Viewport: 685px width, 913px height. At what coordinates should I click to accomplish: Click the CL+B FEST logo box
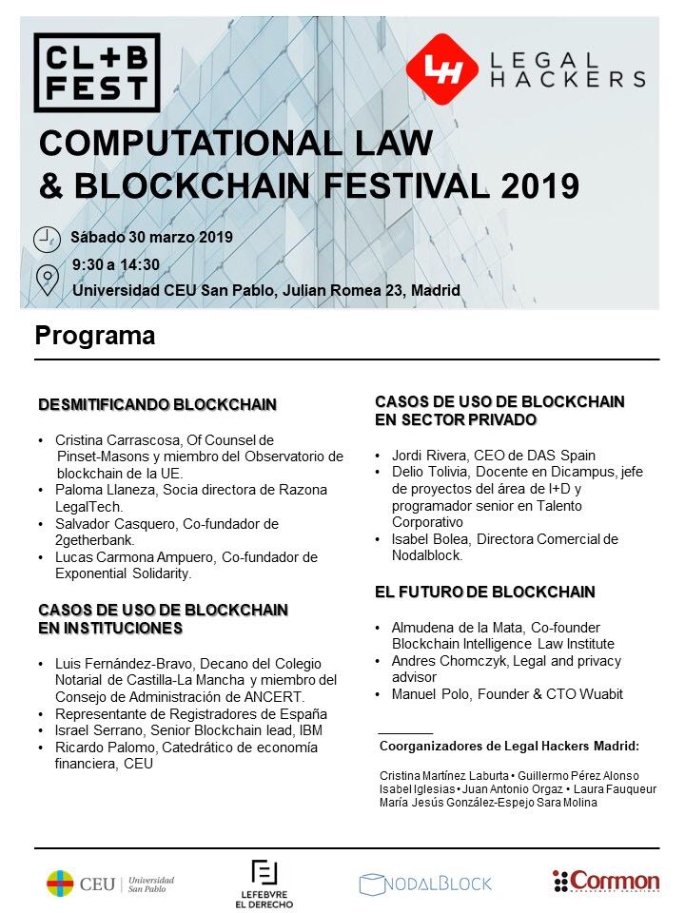(96, 72)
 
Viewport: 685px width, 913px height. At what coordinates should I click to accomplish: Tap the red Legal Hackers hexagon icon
(442, 69)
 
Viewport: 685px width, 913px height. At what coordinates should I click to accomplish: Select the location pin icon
(46, 281)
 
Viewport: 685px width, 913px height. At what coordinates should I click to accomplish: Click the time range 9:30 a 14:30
(116, 264)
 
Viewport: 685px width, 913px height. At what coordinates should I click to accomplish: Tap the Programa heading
(94, 336)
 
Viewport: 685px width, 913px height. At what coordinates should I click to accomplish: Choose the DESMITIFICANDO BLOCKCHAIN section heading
(157, 404)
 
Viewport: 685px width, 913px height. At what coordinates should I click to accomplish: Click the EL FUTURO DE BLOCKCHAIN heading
(484, 592)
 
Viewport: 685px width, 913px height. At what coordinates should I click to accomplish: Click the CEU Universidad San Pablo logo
(110, 883)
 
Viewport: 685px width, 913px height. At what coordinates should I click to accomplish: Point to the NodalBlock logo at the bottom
(425, 883)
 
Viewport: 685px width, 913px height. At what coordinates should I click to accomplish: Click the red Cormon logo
(606, 882)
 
